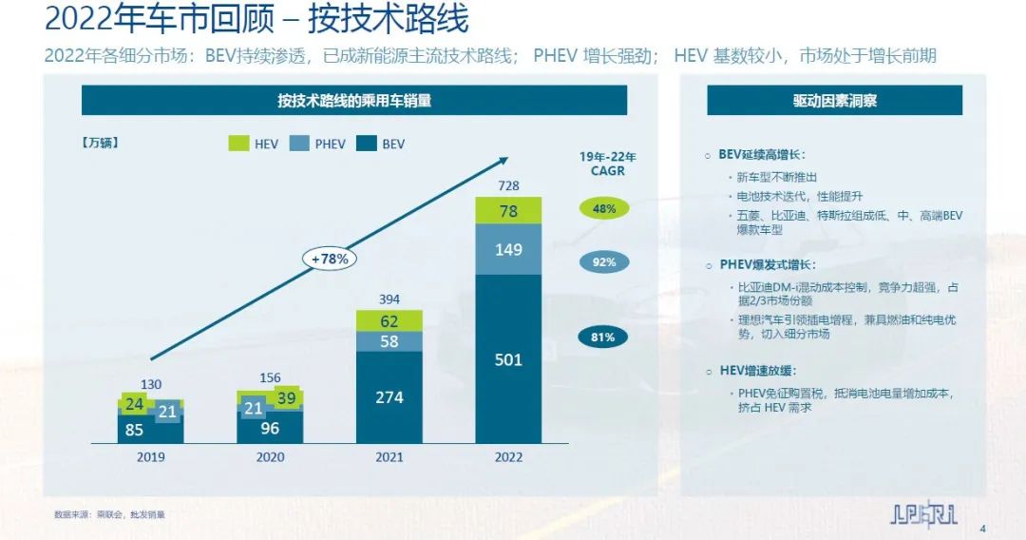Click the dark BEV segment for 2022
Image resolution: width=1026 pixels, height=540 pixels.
pyautogui.click(x=508, y=359)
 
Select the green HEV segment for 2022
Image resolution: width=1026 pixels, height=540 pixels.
pyautogui.click(x=508, y=211)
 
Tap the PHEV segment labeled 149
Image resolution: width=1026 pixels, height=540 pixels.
pyautogui.click(x=508, y=250)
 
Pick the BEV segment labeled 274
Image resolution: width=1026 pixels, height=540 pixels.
pyautogui.click(x=389, y=397)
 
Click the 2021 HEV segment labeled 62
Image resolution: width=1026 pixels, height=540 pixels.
pyautogui.click(x=389, y=321)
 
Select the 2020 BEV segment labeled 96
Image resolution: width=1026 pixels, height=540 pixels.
pyautogui.click(x=270, y=428)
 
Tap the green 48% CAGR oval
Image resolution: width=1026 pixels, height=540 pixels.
pyautogui.click(x=603, y=208)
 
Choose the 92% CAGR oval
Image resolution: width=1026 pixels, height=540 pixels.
pyautogui.click(x=603, y=261)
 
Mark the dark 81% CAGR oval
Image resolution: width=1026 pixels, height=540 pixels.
pyautogui.click(x=603, y=337)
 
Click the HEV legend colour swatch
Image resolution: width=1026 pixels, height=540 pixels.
pyautogui.click(x=238, y=144)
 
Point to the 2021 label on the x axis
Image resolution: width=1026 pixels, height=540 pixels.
pyautogui.click(x=389, y=457)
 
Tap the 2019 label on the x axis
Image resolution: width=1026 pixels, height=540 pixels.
pyautogui.click(x=151, y=457)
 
